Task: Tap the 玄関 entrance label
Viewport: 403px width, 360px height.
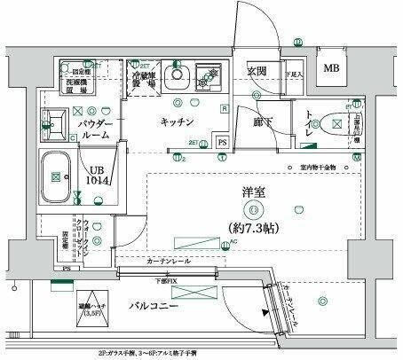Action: pyautogui.click(x=257, y=72)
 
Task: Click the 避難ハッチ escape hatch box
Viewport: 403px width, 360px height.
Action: pyautogui.click(x=91, y=307)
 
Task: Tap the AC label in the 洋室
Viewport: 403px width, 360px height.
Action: pyautogui.click(x=234, y=241)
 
